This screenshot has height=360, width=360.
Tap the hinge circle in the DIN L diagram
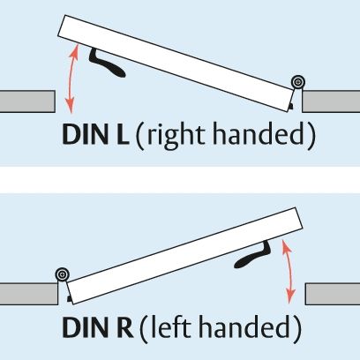[298, 82]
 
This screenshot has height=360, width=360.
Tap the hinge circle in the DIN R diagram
[62, 274]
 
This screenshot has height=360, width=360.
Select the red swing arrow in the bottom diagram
[289, 271]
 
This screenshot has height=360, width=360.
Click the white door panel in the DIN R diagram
[185, 256]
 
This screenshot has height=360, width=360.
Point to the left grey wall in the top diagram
[27, 101]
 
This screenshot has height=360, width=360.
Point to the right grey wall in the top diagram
[331, 101]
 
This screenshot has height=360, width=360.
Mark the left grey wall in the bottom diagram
[29, 294]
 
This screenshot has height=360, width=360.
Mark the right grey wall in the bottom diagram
[333, 294]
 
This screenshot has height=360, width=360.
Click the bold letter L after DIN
[121, 134]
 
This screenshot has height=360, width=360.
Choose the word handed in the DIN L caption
[259, 133]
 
